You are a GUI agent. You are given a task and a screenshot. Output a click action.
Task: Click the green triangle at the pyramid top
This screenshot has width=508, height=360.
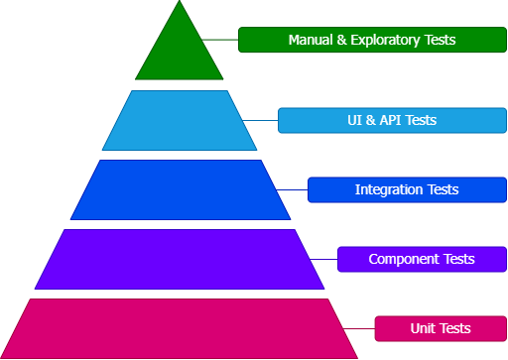[x=180, y=55]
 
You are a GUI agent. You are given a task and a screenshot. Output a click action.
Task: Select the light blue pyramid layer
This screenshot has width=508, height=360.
[x=180, y=120]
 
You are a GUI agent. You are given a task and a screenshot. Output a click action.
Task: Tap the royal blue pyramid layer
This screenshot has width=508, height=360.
[x=180, y=189]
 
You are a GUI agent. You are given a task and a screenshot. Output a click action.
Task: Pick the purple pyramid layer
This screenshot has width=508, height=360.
[x=180, y=259]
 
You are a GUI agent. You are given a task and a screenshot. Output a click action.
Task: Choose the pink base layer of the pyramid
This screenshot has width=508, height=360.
[x=180, y=328]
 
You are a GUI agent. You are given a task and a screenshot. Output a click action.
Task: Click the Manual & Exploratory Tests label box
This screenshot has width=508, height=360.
[x=372, y=40]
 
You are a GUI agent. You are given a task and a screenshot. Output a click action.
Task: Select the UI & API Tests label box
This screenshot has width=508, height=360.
[x=392, y=120]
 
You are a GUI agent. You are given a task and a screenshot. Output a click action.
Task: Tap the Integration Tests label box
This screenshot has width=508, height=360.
[x=407, y=189]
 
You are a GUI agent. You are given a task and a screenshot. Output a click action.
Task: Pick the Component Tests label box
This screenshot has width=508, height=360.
[x=422, y=259]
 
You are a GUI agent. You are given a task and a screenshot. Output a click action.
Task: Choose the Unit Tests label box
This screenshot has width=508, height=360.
[x=441, y=328]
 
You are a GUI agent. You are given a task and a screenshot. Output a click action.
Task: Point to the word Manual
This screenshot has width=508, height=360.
[x=310, y=41]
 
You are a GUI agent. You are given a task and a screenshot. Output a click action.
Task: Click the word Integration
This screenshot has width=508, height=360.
[x=389, y=189]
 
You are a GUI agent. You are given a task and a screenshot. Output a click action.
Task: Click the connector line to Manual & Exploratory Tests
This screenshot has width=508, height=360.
[x=220, y=40]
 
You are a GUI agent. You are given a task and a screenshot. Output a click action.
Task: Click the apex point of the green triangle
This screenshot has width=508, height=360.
[x=180, y=3]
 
